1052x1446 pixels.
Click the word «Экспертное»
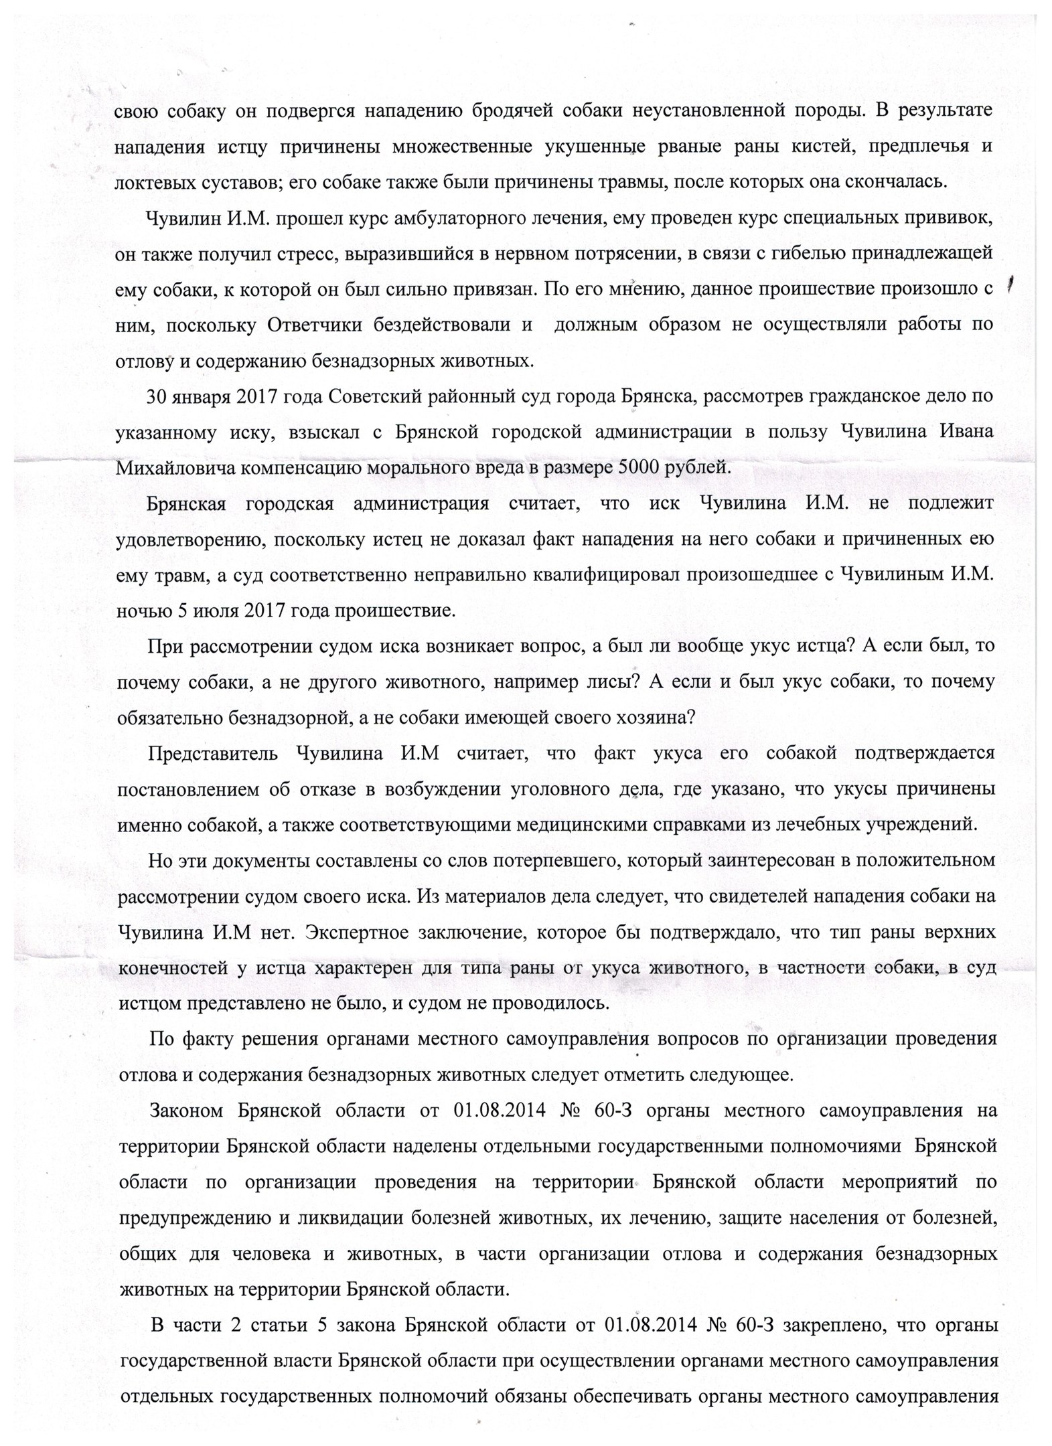(358, 932)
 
